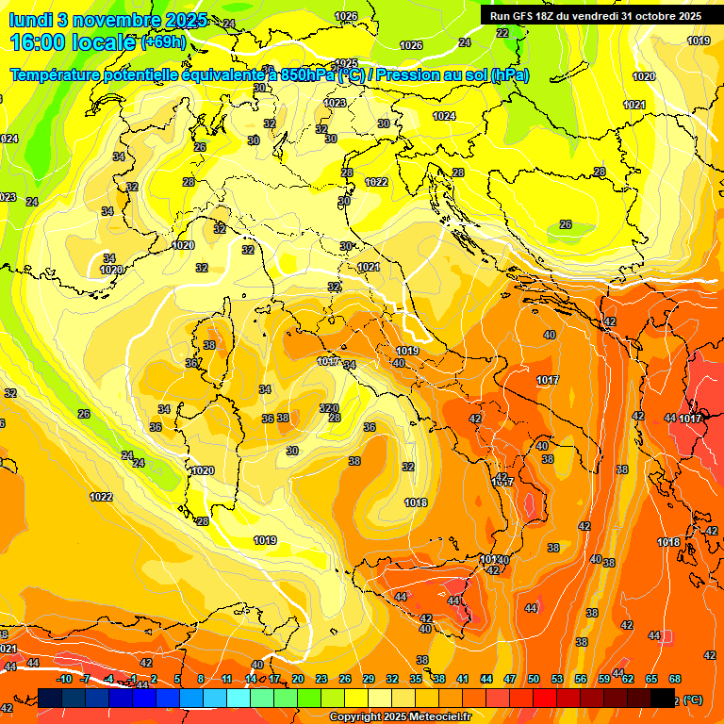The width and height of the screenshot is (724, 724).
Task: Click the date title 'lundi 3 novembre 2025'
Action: [x=107, y=20]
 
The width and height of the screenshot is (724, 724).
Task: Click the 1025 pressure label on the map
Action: [x=347, y=63]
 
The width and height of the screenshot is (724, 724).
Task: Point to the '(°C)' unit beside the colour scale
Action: [x=693, y=699]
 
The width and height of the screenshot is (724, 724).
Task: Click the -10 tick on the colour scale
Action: [x=64, y=679]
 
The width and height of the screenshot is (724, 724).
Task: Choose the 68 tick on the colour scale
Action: [x=675, y=679]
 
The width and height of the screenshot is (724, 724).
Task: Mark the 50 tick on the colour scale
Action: [x=534, y=679]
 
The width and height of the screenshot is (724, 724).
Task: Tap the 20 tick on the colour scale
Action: [x=298, y=679]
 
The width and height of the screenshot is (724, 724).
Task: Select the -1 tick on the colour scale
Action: [x=133, y=679]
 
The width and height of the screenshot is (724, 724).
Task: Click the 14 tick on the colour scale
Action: [x=251, y=679]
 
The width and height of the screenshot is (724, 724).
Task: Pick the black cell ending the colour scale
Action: [x=663, y=698]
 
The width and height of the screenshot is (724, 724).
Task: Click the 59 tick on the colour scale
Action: [x=604, y=679]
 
